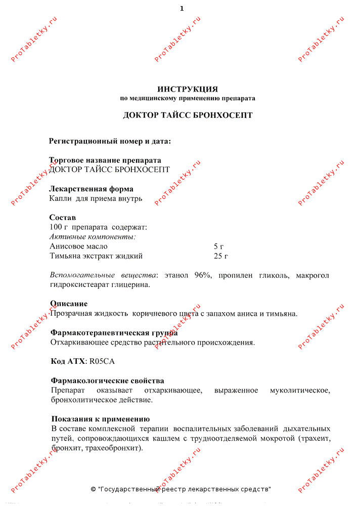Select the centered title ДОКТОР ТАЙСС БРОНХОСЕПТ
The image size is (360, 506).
188,115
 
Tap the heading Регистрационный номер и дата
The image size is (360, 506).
110,141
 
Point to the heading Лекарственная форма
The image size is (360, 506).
92,189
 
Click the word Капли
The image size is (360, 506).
61,199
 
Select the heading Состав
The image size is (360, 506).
62,218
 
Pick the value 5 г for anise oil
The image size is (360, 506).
219,246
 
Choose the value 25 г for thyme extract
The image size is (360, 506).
221,256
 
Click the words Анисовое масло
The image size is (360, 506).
78,246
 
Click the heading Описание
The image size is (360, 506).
69,304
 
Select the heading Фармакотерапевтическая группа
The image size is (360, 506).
114,333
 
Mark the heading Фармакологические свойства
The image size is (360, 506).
107,381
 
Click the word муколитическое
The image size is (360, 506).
300,390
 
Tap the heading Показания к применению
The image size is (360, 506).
101,419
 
